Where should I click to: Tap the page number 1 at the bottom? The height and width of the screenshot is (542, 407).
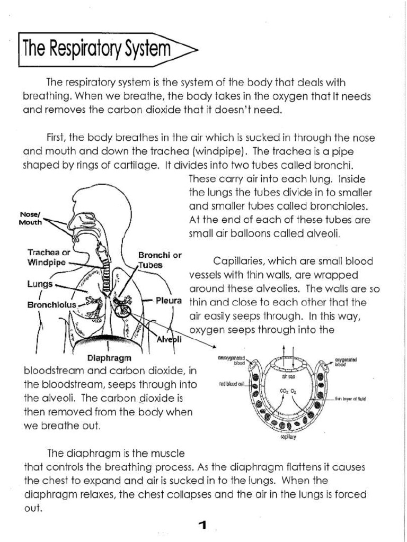202,525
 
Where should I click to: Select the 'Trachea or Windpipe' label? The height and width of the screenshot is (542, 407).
48,257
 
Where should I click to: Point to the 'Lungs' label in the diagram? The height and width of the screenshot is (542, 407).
40,284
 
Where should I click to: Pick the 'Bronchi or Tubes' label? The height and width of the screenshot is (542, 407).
160,260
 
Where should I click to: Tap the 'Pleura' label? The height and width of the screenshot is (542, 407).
169,301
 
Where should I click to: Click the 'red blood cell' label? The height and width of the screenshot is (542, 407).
232,385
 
